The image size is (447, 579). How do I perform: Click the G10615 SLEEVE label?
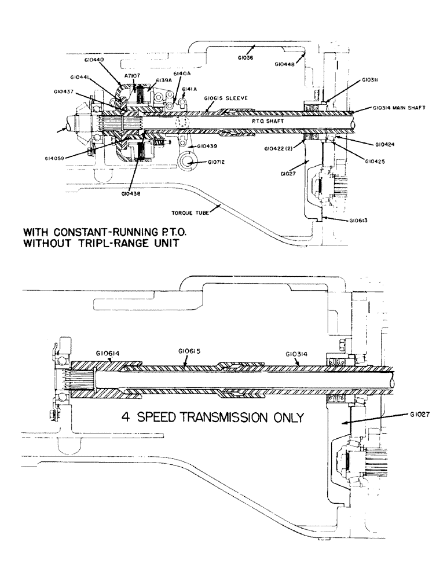point(226,98)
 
